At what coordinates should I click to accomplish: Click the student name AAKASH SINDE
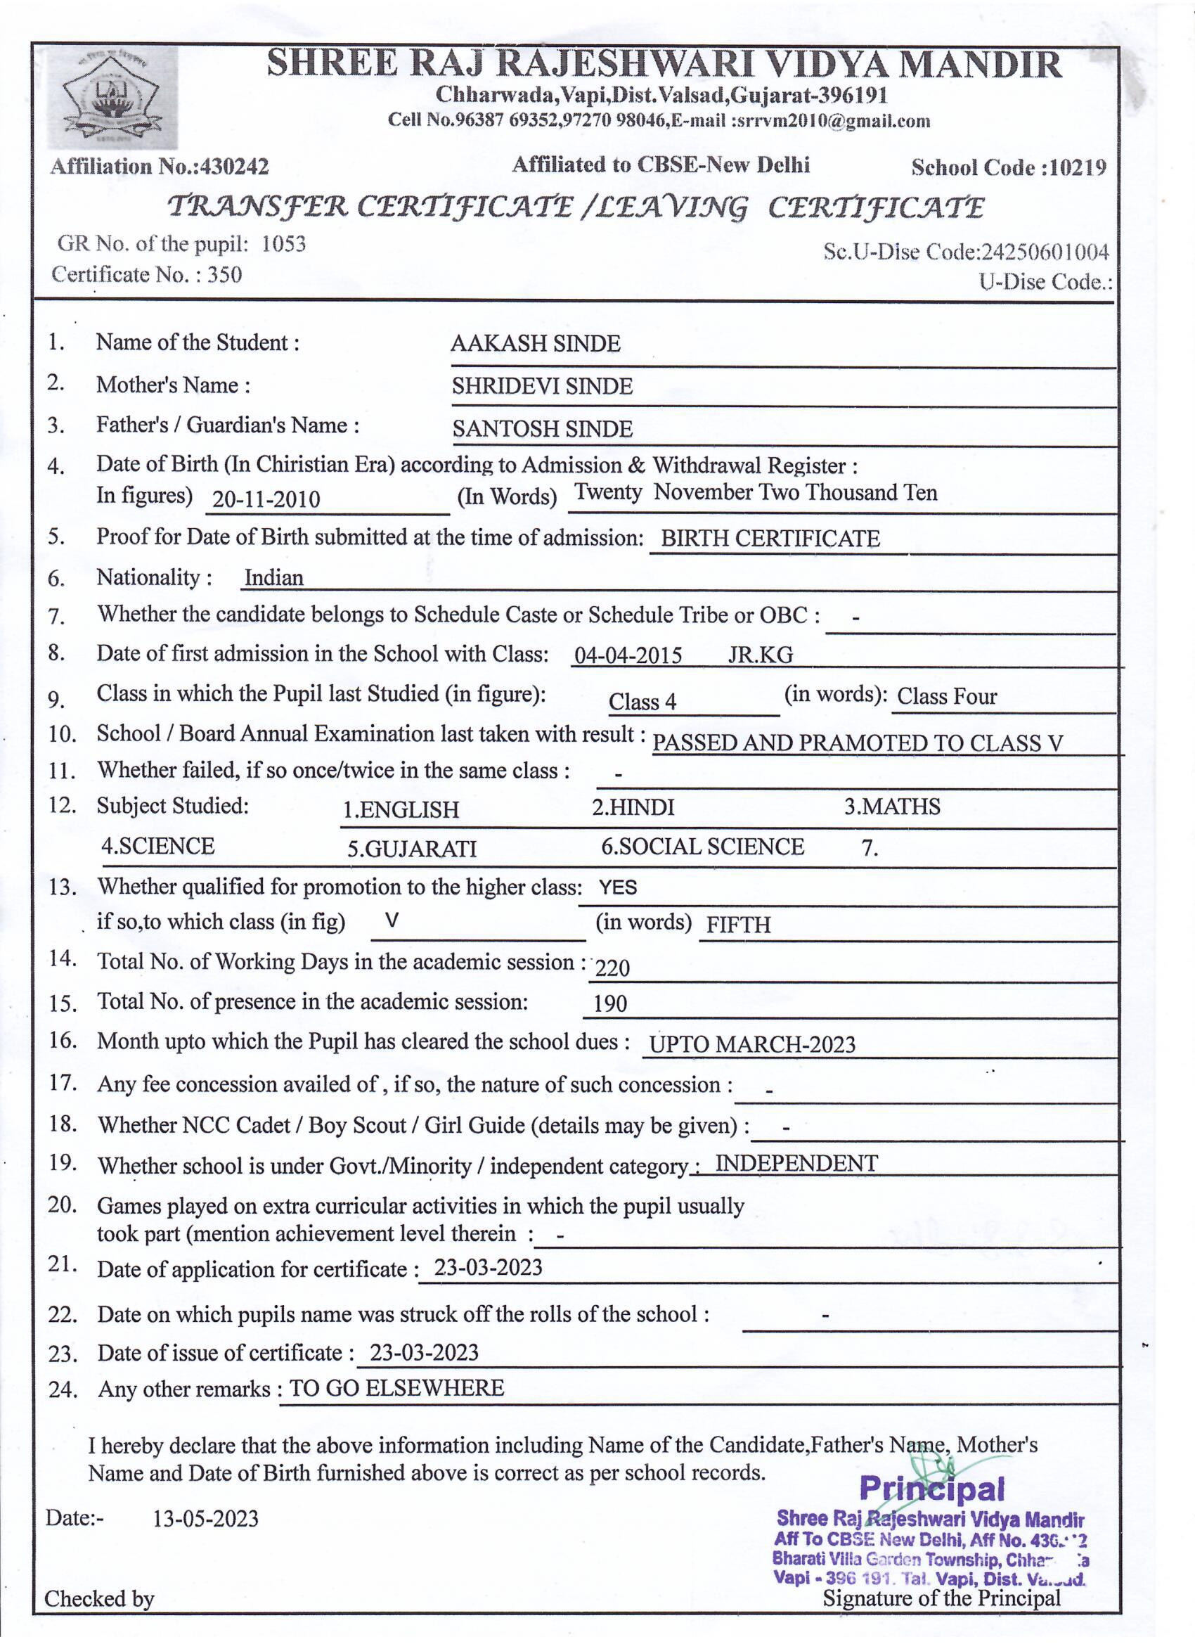tap(535, 344)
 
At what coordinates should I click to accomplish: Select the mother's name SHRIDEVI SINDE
tap(542, 386)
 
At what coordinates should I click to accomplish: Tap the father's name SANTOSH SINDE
tap(542, 429)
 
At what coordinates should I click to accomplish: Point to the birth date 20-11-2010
tap(266, 499)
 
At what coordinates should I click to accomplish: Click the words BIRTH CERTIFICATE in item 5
tap(770, 539)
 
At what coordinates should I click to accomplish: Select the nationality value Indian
tap(274, 578)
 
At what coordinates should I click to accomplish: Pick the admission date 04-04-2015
tap(628, 656)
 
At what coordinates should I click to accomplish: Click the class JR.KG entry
tap(760, 655)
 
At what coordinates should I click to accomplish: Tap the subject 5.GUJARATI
tap(412, 849)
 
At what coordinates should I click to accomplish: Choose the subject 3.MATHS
tap(891, 807)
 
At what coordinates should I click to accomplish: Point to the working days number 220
tap(612, 968)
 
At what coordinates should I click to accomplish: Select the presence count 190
tap(609, 1004)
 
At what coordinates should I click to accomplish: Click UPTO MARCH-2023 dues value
tap(752, 1044)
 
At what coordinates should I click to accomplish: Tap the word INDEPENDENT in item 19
tap(796, 1164)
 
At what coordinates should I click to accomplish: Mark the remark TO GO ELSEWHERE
tap(396, 1387)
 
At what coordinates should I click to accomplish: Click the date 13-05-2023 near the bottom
tap(205, 1518)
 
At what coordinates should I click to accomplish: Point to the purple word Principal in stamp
tap(932, 1489)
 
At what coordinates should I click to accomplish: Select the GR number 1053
tap(283, 243)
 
